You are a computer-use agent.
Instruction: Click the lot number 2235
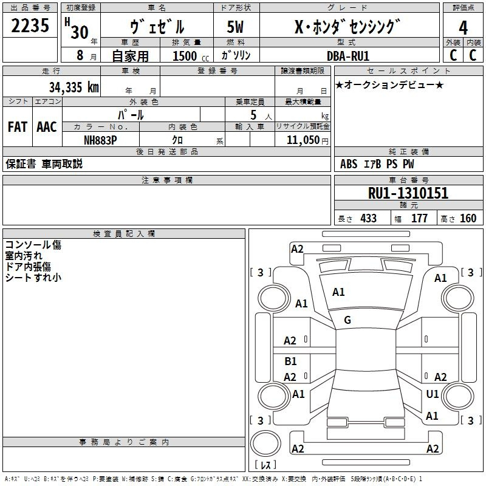click(30, 27)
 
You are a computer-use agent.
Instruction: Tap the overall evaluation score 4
click(463, 27)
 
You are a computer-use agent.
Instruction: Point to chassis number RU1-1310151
click(408, 193)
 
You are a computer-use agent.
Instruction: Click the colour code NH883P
click(100, 140)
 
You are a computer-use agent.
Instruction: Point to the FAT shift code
click(17, 126)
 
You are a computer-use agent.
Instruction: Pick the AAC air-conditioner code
click(47, 126)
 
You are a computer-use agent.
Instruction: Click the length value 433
click(368, 218)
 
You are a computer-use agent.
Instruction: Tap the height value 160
click(468, 218)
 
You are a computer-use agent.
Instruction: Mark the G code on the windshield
click(347, 320)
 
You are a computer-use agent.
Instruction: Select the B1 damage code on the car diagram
click(290, 361)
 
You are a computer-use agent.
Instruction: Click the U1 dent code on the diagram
click(433, 394)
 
